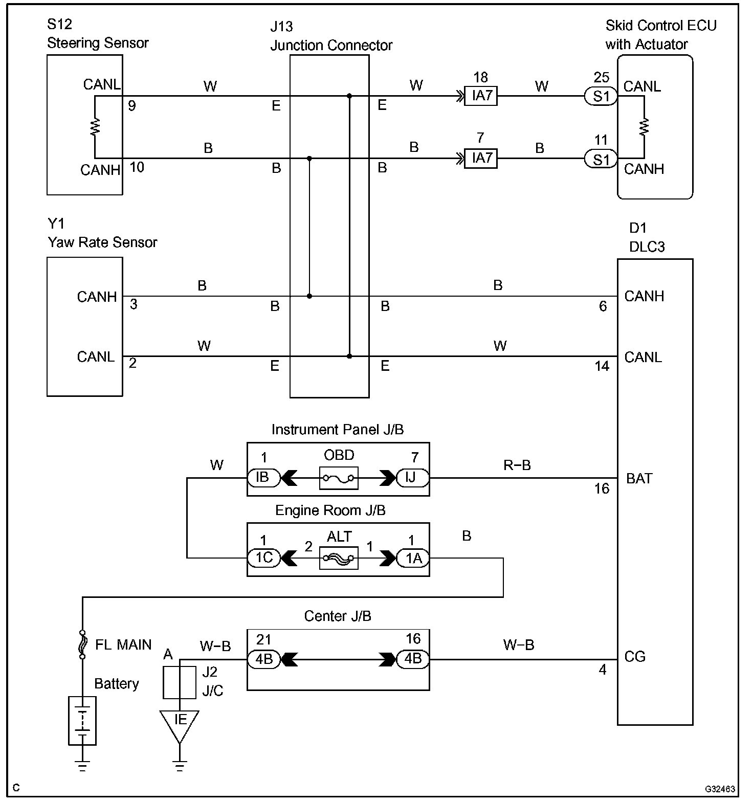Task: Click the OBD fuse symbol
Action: [339, 478]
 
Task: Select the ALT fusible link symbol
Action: [339, 558]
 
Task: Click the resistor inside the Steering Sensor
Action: [95, 127]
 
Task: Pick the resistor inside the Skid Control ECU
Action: [644, 126]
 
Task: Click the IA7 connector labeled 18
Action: [480, 96]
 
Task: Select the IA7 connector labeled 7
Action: [480, 158]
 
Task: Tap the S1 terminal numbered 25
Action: [601, 96]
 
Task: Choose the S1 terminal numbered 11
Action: [601, 159]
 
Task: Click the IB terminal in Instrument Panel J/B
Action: [263, 478]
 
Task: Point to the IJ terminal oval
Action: [413, 478]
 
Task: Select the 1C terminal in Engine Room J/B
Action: [263, 558]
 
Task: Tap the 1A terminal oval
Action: [413, 558]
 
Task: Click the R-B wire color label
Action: [517, 465]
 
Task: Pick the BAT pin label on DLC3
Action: [639, 479]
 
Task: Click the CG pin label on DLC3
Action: [635, 657]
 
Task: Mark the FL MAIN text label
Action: [123, 644]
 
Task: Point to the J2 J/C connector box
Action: [180, 682]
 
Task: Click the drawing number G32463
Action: [720, 789]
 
